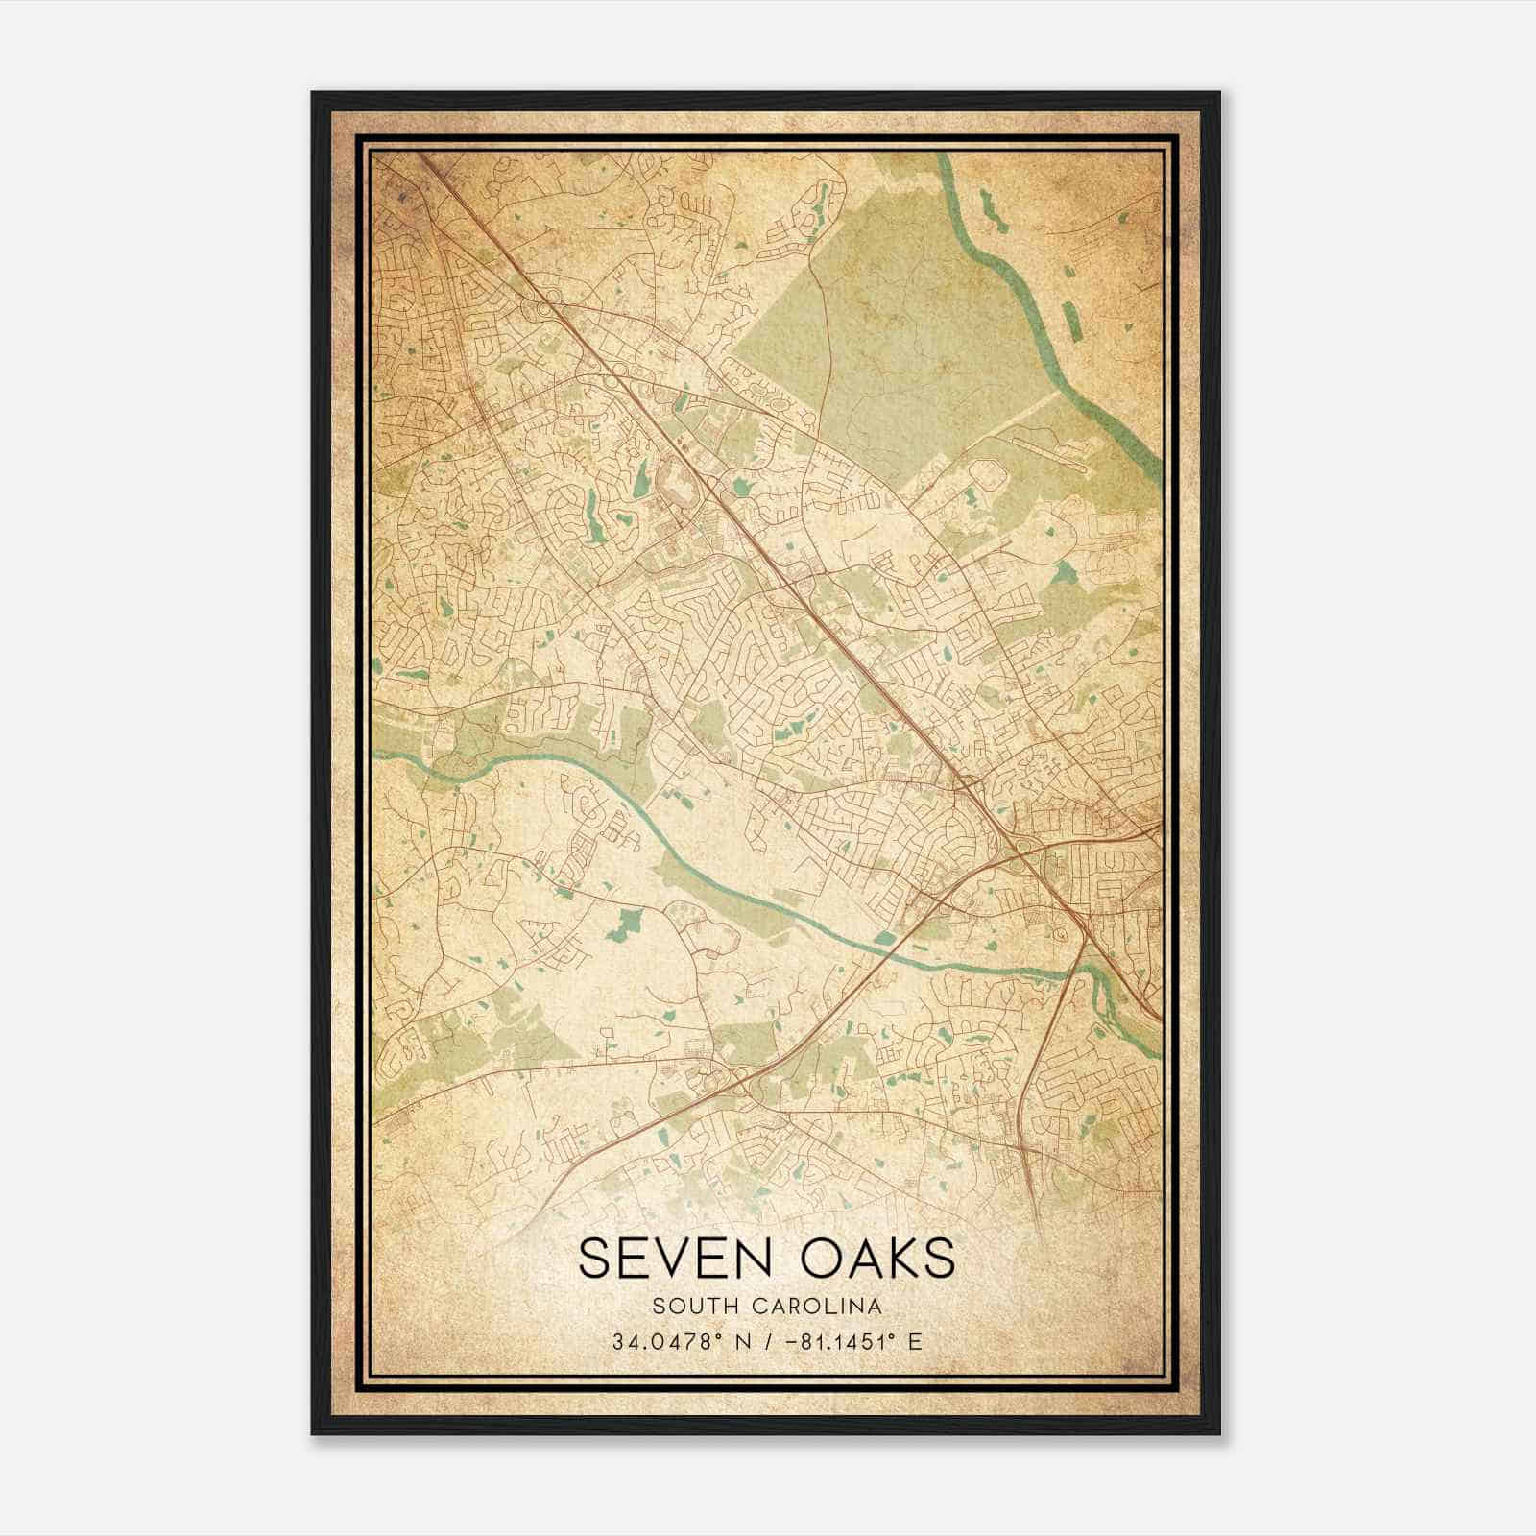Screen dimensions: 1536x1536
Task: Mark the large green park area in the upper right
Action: (x=893, y=317)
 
